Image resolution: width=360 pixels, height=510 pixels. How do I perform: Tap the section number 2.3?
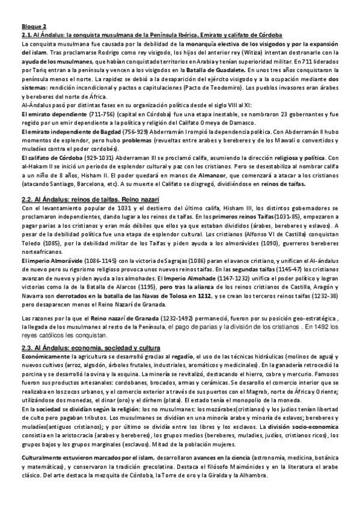[x=27, y=348]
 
